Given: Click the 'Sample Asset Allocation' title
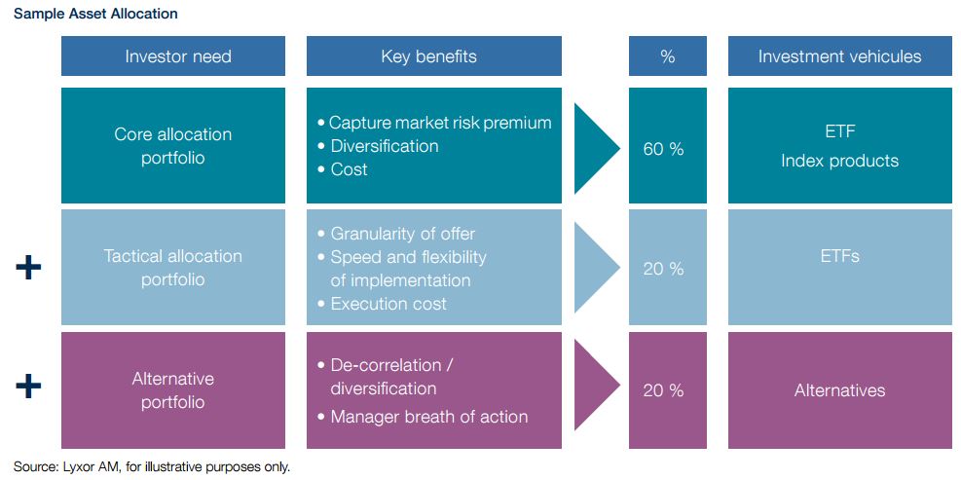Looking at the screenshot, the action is click(x=95, y=14).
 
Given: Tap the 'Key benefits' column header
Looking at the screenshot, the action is click(x=429, y=56).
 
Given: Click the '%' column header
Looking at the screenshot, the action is click(x=667, y=56).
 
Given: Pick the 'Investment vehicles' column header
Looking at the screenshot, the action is click(x=839, y=56).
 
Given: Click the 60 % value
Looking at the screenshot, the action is click(x=663, y=149).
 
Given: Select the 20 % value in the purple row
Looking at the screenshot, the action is click(x=663, y=390).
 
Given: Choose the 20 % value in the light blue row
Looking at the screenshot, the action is click(x=663, y=269).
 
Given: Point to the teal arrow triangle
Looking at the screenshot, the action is click(x=595, y=148).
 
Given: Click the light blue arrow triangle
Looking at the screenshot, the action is click(x=595, y=268).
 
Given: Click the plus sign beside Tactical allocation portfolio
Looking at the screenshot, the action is click(x=28, y=269).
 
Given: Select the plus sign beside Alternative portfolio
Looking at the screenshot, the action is click(x=28, y=387).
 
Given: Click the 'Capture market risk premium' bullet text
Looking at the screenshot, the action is click(x=440, y=123).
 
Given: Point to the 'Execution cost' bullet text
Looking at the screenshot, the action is click(x=388, y=304).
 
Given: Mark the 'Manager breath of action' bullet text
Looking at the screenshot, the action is click(x=429, y=418).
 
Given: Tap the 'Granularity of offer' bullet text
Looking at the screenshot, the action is click(x=403, y=234).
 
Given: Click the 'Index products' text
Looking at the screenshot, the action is click(x=839, y=162).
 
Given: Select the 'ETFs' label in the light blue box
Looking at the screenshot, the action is click(x=839, y=256).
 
